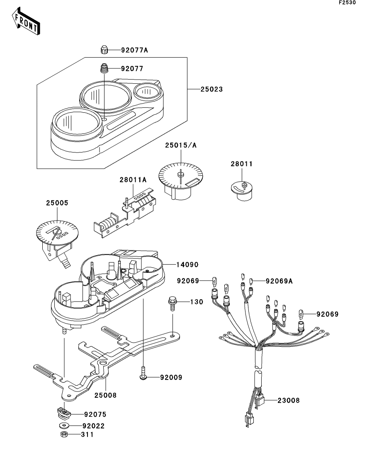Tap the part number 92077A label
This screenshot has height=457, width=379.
pyautogui.click(x=134, y=50)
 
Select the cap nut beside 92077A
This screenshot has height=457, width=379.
pyautogui.click(x=104, y=50)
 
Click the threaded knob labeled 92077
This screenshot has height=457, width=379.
pyautogui.click(x=104, y=68)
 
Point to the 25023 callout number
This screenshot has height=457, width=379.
pyautogui.click(x=211, y=89)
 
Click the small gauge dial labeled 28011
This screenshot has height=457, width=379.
pyautogui.click(x=242, y=191)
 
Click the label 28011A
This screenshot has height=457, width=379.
pyautogui.click(x=133, y=180)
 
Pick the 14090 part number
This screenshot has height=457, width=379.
pyautogui.click(x=187, y=265)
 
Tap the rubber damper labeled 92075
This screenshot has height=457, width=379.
pyautogui.click(x=64, y=413)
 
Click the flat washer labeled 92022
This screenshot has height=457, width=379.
pyautogui.click(x=64, y=426)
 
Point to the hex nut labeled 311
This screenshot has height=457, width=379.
pyautogui.click(x=64, y=434)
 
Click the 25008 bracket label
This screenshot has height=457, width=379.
pyautogui.click(x=105, y=395)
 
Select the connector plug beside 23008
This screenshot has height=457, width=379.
pyautogui.click(x=260, y=400)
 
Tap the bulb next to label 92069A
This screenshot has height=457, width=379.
pyautogui.click(x=250, y=281)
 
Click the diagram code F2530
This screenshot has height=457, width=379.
pyautogui.click(x=347, y=2)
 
